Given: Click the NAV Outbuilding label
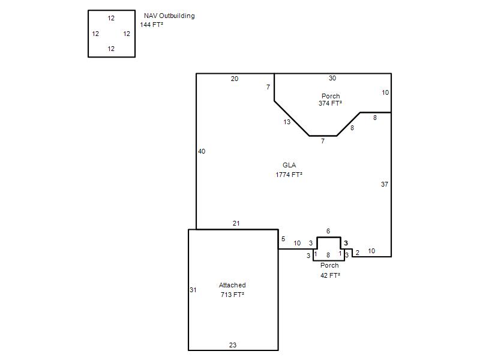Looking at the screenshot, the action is pyautogui.click(x=169, y=16).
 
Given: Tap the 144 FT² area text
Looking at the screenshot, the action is pyautogui.click(x=152, y=25).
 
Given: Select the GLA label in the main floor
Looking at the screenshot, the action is pyautogui.click(x=289, y=166).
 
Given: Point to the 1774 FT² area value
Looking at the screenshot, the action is pyautogui.click(x=289, y=175).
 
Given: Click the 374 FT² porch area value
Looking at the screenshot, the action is pyautogui.click(x=330, y=103).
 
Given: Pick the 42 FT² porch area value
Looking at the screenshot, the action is pyautogui.click(x=330, y=275).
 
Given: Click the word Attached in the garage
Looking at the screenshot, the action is pyautogui.click(x=232, y=285).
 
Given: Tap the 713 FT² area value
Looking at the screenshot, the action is pyautogui.click(x=232, y=295).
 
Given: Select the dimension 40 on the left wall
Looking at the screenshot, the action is pyautogui.click(x=202, y=151).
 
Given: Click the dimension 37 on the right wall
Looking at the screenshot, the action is pyautogui.click(x=385, y=184).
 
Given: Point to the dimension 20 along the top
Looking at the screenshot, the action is pyautogui.click(x=235, y=79).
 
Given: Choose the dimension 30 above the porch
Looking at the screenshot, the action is pyautogui.click(x=332, y=78).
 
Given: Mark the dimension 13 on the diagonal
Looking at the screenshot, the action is pyautogui.click(x=287, y=122).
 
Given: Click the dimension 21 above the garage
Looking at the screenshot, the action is pyautogui.click(x=236, y=223).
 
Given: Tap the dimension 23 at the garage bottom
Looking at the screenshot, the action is pyautogui.click(x=233, y=345).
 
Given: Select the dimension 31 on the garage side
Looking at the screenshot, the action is pyautogui.click(x=193, y=290).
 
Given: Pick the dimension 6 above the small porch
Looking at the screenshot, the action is pyautogui.click(x=328, y=231).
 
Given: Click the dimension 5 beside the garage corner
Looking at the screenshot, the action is pyautogui.click(x=283, y=239).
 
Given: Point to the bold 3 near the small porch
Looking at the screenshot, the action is pyautogui.click(x=346, y=243).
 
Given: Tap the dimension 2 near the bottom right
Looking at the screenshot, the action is pyautogui.click(x=357, y=253).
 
